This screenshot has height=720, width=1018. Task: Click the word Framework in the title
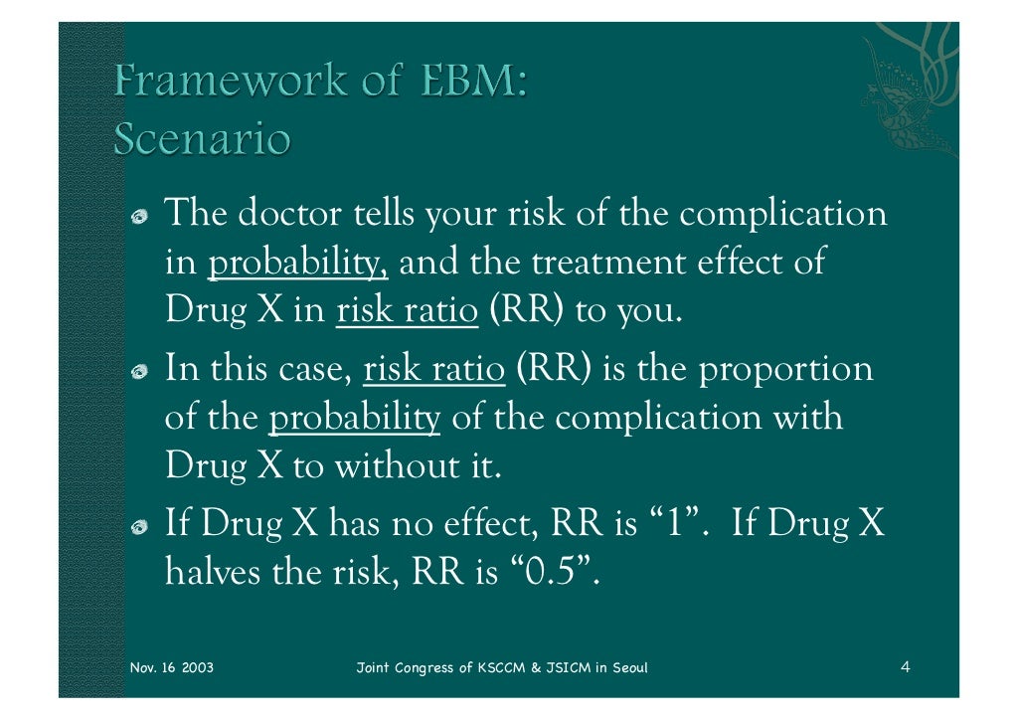coord(228,83)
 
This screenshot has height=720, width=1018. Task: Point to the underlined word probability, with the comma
coord(298,264)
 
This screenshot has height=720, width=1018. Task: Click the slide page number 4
coord(905,666)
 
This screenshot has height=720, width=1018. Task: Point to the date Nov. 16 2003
coord(172,666)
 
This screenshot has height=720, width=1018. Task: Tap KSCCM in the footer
coord(503,666)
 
